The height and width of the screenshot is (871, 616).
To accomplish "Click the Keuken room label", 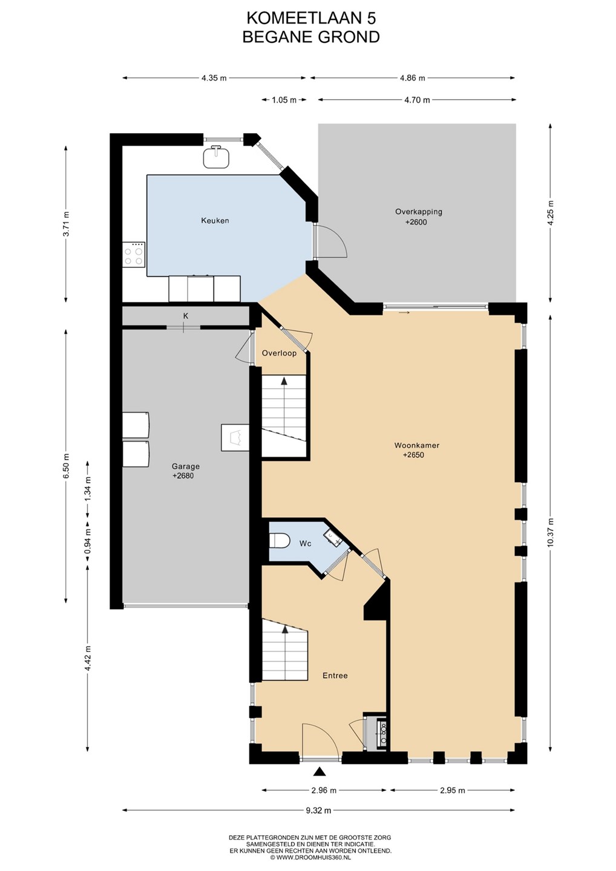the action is point(215,220).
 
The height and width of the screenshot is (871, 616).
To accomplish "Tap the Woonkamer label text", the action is point(416,445).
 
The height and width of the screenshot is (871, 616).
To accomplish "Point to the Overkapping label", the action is point(419,212).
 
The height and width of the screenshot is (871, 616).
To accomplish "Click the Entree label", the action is point(335,676).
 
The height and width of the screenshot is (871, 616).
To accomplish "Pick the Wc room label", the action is point(306,544).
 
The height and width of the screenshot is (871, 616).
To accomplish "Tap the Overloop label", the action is point(279,353).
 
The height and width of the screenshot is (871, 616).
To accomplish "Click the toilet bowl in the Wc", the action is point(280,541).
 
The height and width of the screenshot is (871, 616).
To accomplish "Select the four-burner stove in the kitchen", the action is point(134,254).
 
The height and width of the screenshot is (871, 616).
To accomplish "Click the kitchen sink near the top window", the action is point(216,157).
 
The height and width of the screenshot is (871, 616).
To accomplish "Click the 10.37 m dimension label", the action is point(550,533).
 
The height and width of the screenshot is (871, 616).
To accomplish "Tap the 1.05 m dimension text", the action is point(284,100).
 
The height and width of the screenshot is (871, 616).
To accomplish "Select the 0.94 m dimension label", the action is point(88,538).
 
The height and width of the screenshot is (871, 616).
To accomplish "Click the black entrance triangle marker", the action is point(319,771).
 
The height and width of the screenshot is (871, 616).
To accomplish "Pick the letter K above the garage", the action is point(186,316).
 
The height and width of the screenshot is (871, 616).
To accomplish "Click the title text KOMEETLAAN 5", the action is point(311,18).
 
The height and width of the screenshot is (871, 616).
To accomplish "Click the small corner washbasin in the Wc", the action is point(332,537).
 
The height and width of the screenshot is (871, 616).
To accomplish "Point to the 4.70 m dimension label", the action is point(417,100).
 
